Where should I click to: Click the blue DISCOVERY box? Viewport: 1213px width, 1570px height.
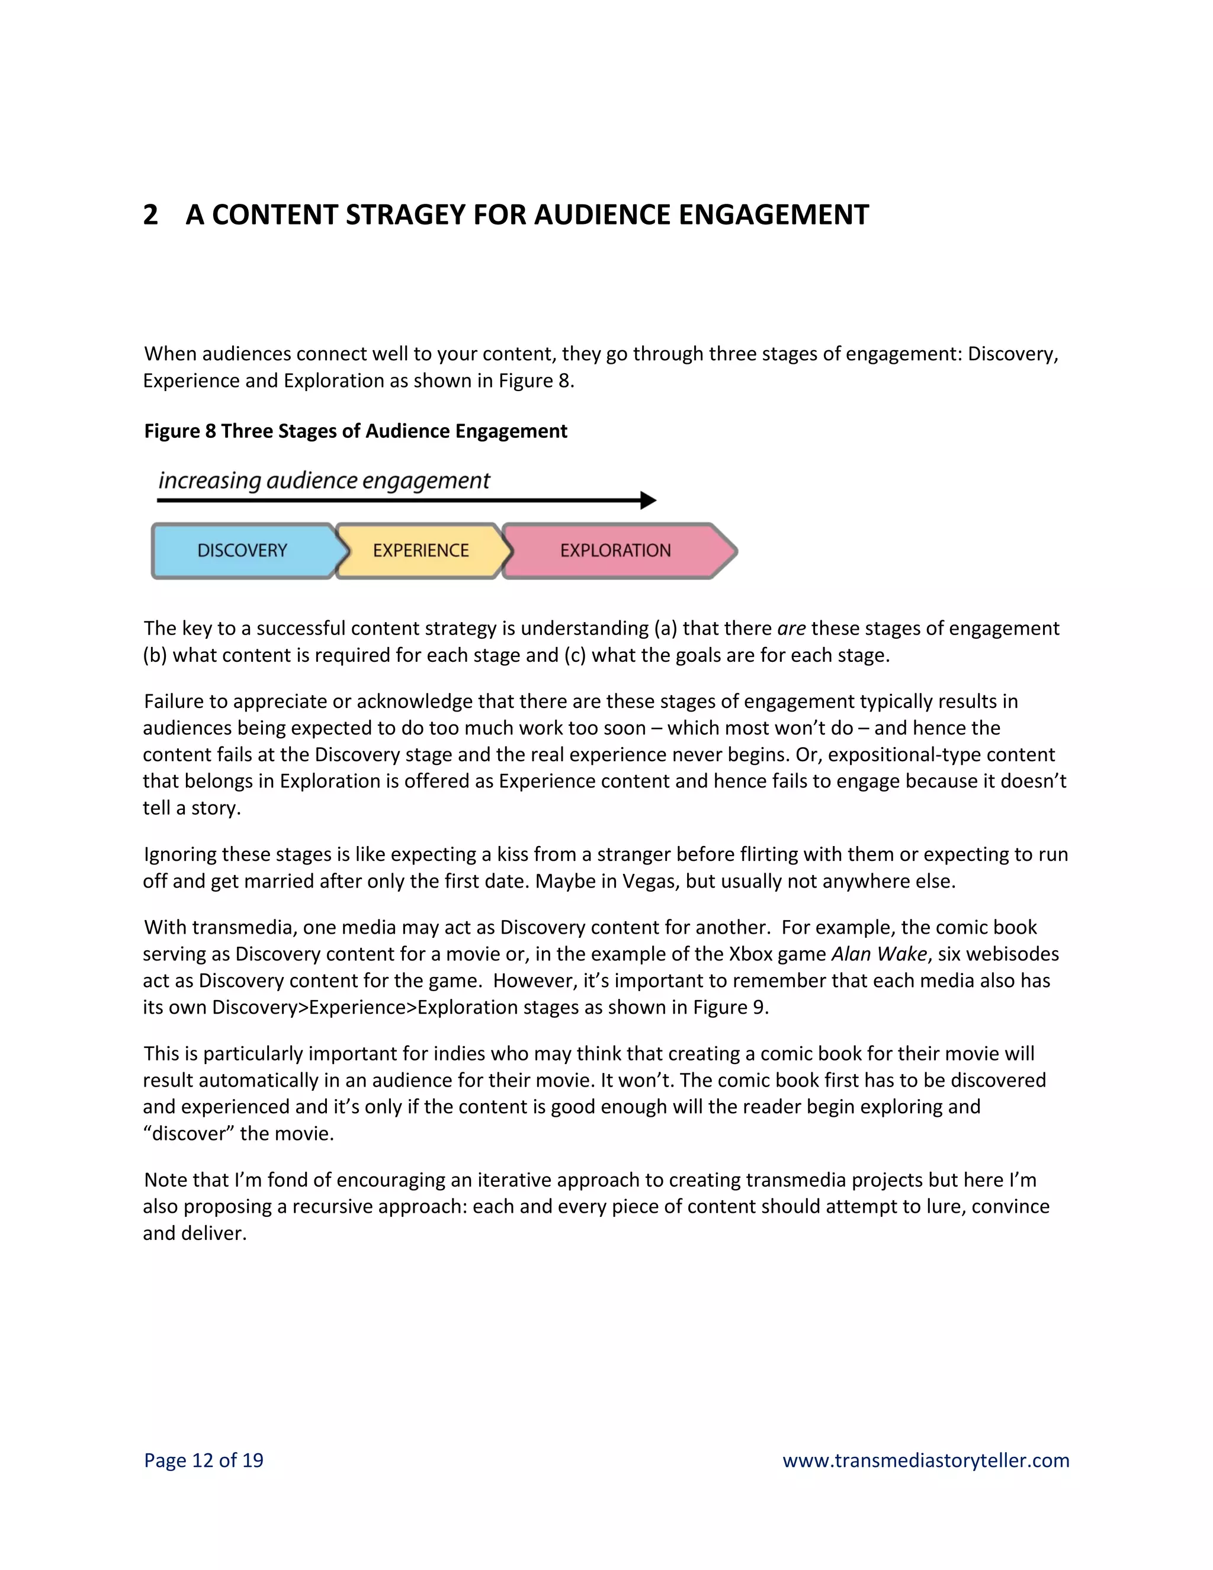pyautogui.click(x=243, y=550)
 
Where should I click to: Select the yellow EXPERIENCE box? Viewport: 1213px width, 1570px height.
pyautogui.click(x=421, y=550)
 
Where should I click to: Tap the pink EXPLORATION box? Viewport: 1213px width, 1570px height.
pyautogui.click(x=615, y=550)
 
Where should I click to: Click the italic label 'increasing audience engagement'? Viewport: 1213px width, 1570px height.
pyautogui.click(x=323, y=480)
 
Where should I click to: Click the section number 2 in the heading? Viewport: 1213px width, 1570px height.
pyautogui.click(x=150, y=215)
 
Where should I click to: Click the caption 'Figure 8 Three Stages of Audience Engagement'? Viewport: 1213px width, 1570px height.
pyautogui.click(x=356, y=431)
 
